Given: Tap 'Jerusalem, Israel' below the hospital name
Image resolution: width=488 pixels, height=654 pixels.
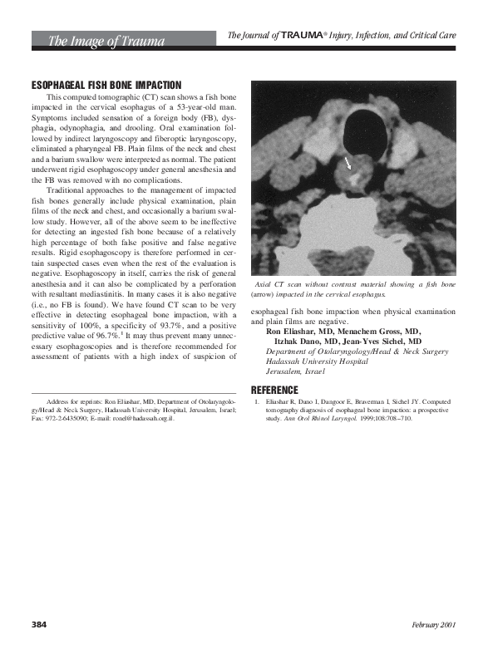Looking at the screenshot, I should pyautogui.click(x=285, y=373).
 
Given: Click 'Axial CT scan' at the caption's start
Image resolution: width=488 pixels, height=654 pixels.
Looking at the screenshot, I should pyautogui.click(x=283, y=285).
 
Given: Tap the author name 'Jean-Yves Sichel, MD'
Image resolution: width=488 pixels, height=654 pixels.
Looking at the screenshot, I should pyautogui.click(x=397, y=342).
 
